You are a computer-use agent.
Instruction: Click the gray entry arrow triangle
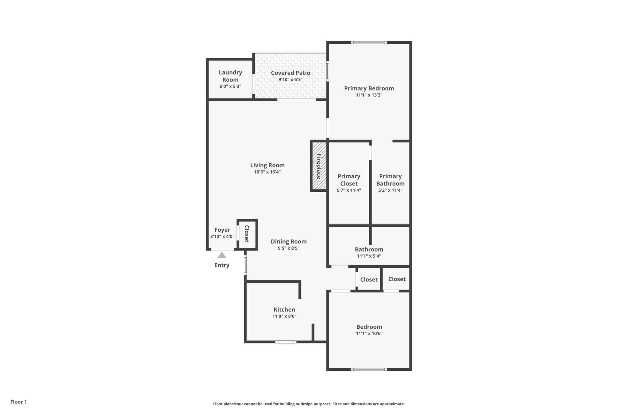pos(222,256)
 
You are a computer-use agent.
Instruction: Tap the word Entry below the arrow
pos(222,265)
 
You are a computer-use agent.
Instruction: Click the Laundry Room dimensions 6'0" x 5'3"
pos(230,86)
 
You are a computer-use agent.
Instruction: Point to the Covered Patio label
pos(290,73)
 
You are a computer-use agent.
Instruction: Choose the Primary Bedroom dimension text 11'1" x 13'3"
pos(369,95)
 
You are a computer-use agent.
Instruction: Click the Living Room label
pos(267,165)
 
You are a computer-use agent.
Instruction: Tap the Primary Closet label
pos(349,180)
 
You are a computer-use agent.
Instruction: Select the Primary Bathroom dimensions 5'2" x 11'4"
pos(390,190)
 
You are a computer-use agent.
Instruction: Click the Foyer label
pos(222,230)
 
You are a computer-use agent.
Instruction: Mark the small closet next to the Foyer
pos(247,234)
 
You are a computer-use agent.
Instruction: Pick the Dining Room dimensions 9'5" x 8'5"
pos(288,248)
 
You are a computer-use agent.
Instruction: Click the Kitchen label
pos(284,309)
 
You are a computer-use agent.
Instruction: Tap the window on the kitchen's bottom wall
pos(285,342)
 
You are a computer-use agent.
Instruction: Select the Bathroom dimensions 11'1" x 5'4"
pos(369,256)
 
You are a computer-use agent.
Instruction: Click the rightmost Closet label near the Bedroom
pos(397,279)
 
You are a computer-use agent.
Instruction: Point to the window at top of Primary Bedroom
pos(369,43)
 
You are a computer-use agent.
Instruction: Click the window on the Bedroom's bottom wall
pos(369,369)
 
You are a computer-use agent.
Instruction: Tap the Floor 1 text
pos(18,402)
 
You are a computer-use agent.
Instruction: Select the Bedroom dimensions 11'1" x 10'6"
pos(369,334)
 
